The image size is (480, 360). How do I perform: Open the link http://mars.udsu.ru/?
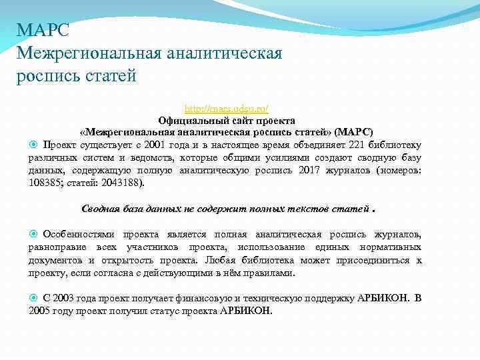pos(227,108)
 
